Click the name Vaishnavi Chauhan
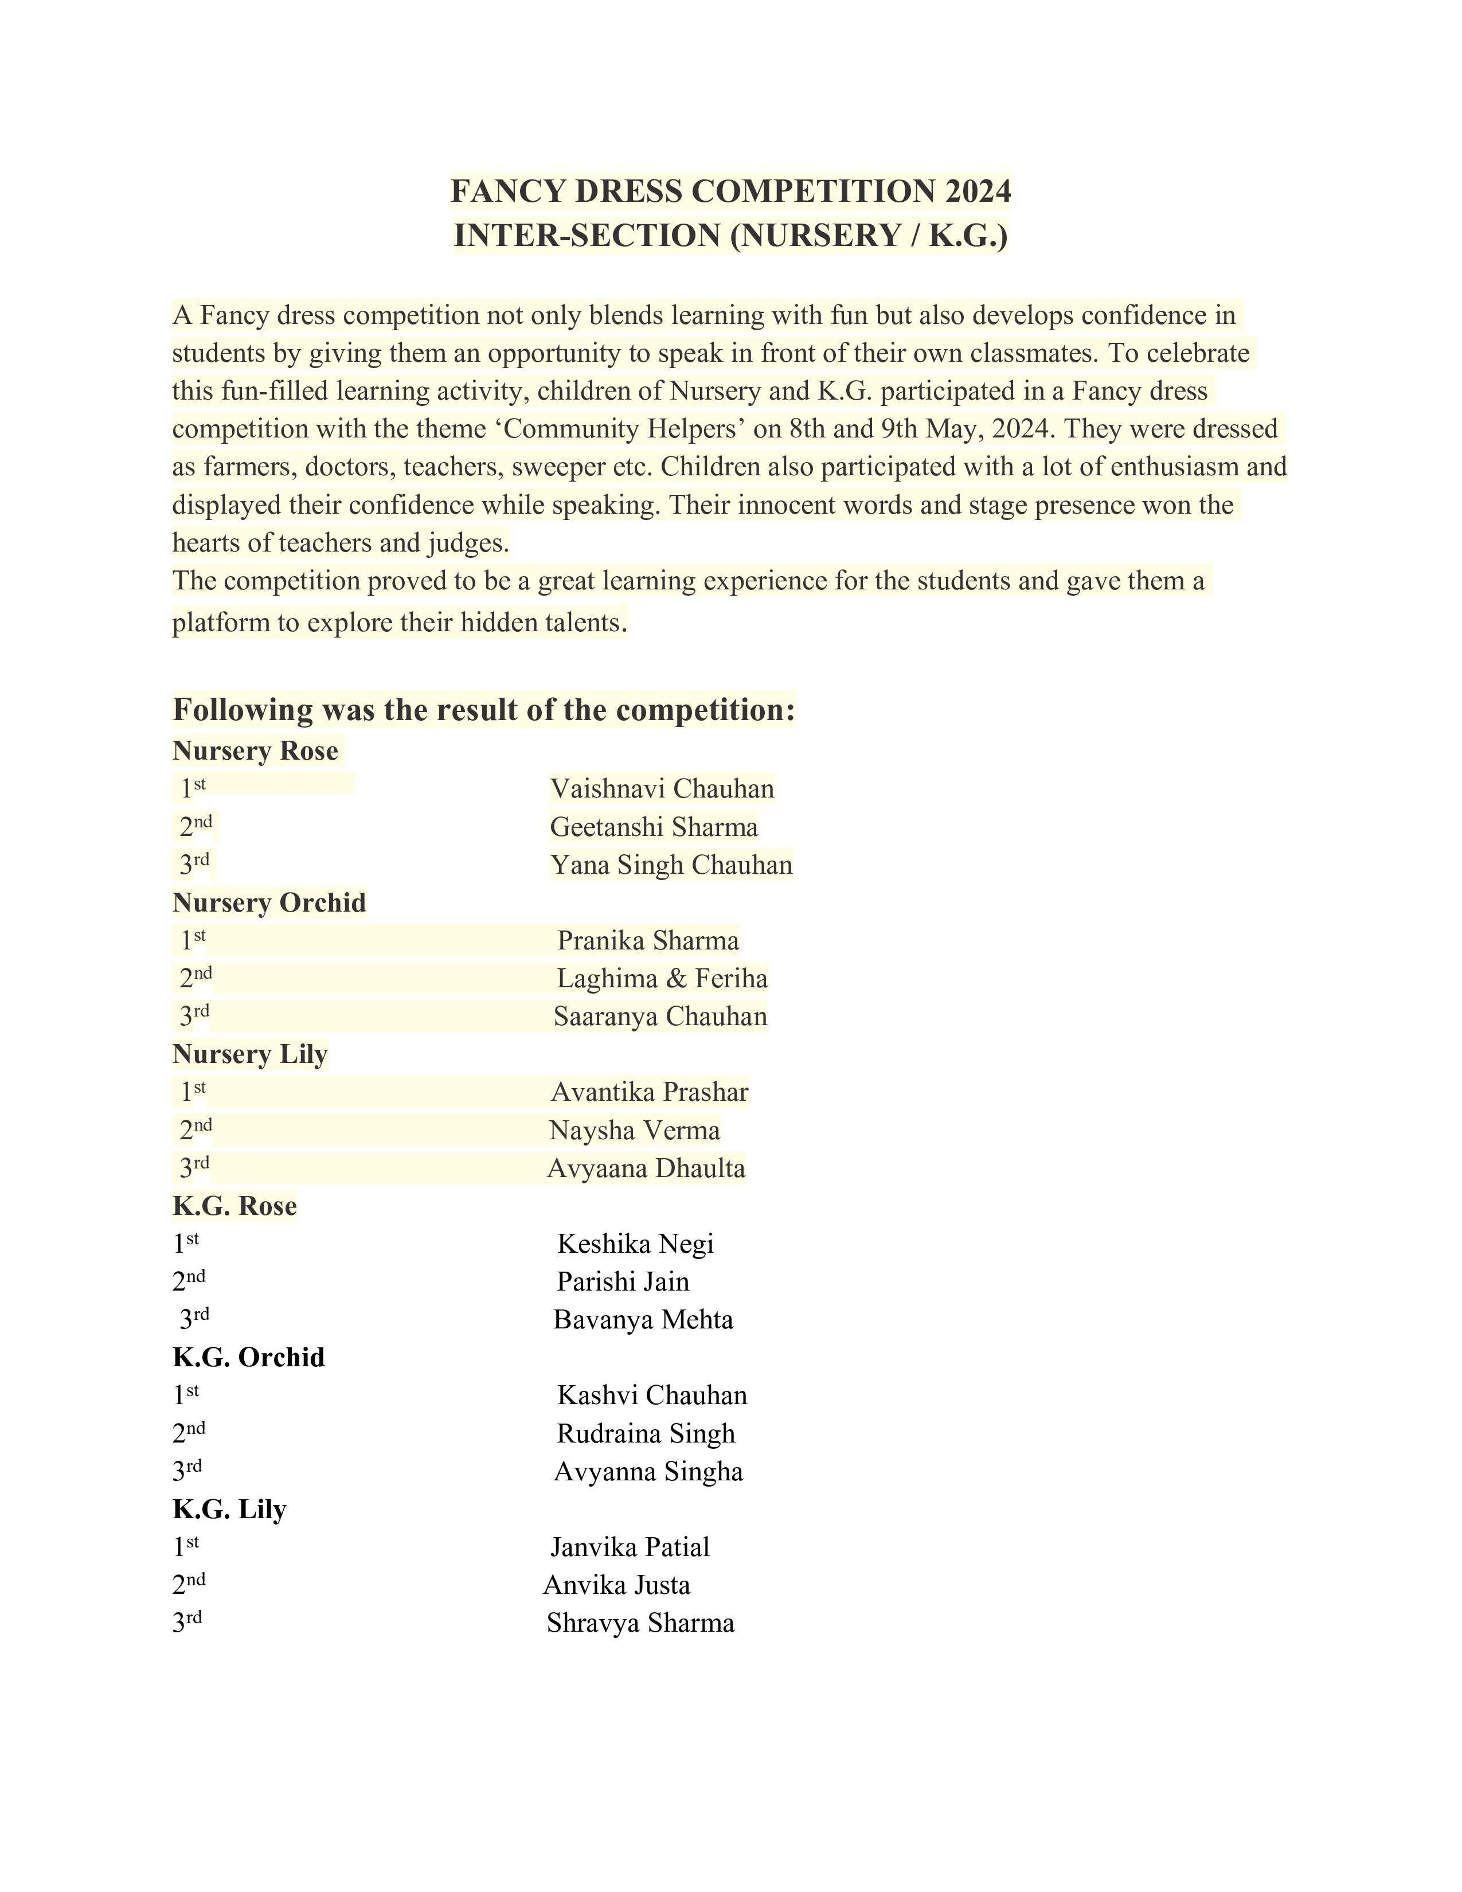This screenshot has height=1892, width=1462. (662, 788)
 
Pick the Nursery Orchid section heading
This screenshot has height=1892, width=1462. (269, 902)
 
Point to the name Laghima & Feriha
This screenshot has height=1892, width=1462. (662, 978)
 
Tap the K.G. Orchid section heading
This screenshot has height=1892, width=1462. (249, 1357)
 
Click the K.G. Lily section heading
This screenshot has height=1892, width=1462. (229, 1508)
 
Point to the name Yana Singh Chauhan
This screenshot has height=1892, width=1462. (671, 865)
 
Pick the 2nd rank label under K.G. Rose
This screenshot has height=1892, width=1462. (189, 1280)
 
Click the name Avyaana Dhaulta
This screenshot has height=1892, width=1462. (646, 1168)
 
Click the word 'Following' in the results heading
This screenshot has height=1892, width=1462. (243, 710)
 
